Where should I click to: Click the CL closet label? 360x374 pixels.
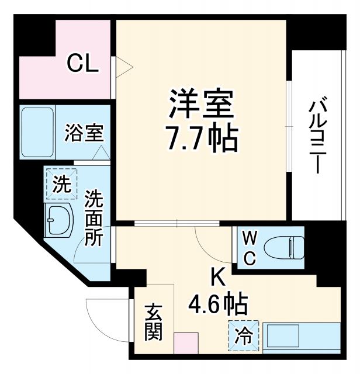[x=82, y=63]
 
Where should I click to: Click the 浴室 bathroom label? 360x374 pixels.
[x=84, y=133]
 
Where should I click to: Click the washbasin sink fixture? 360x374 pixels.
[x=58, y=220]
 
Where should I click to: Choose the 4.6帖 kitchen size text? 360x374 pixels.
[x=217, y=304]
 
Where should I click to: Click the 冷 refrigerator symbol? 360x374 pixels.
[x=243, y=336]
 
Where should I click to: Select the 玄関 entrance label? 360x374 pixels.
[x=154, y=321]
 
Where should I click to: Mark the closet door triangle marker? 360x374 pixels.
[x=123, y=68]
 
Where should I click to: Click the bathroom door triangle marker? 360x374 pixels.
[x=101, y=153]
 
